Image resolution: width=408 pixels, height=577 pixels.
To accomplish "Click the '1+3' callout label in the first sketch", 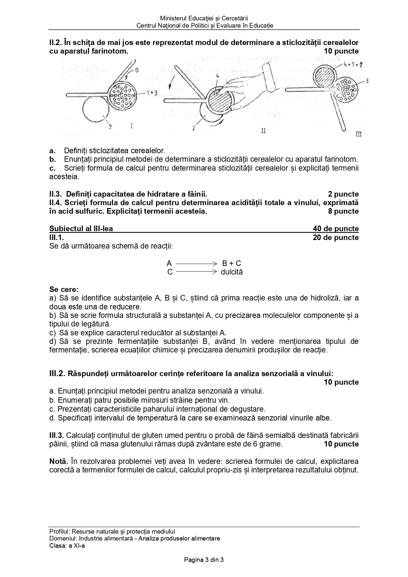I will coord(152,93).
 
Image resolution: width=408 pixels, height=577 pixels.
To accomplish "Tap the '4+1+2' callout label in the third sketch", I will coord(352,64).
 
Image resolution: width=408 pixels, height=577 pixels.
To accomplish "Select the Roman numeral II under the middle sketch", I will coord(263,131).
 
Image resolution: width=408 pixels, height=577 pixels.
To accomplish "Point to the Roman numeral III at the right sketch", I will coord(358,134).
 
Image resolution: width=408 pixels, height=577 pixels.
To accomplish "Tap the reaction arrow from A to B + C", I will coord(196,263).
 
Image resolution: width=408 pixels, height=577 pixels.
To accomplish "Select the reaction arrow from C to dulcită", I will coord(196,272).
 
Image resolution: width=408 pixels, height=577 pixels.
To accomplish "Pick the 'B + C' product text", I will coord(231,263).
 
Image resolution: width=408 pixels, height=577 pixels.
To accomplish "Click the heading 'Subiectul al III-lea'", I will coord(81,228).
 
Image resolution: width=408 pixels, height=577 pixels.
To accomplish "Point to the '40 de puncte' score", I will coord(336,228).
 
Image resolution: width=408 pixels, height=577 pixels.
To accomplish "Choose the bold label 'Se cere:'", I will coord(64,289).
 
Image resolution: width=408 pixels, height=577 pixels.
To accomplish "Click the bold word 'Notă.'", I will coord(59,461).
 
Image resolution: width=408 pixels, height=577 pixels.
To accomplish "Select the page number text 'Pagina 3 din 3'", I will coord(204,560).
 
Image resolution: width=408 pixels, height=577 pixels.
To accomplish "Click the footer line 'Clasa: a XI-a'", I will coord(67,545).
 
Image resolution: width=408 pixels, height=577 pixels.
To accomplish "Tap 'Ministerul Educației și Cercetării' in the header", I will coord(204,18).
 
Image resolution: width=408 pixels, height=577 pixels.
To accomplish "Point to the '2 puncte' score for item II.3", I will coord(343,194).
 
